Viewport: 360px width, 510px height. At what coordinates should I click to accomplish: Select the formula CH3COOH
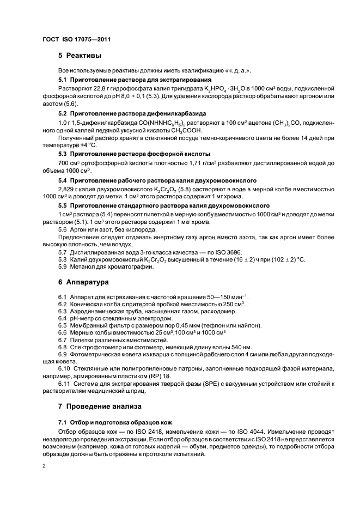pyautogui.click(x=168, y=131)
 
